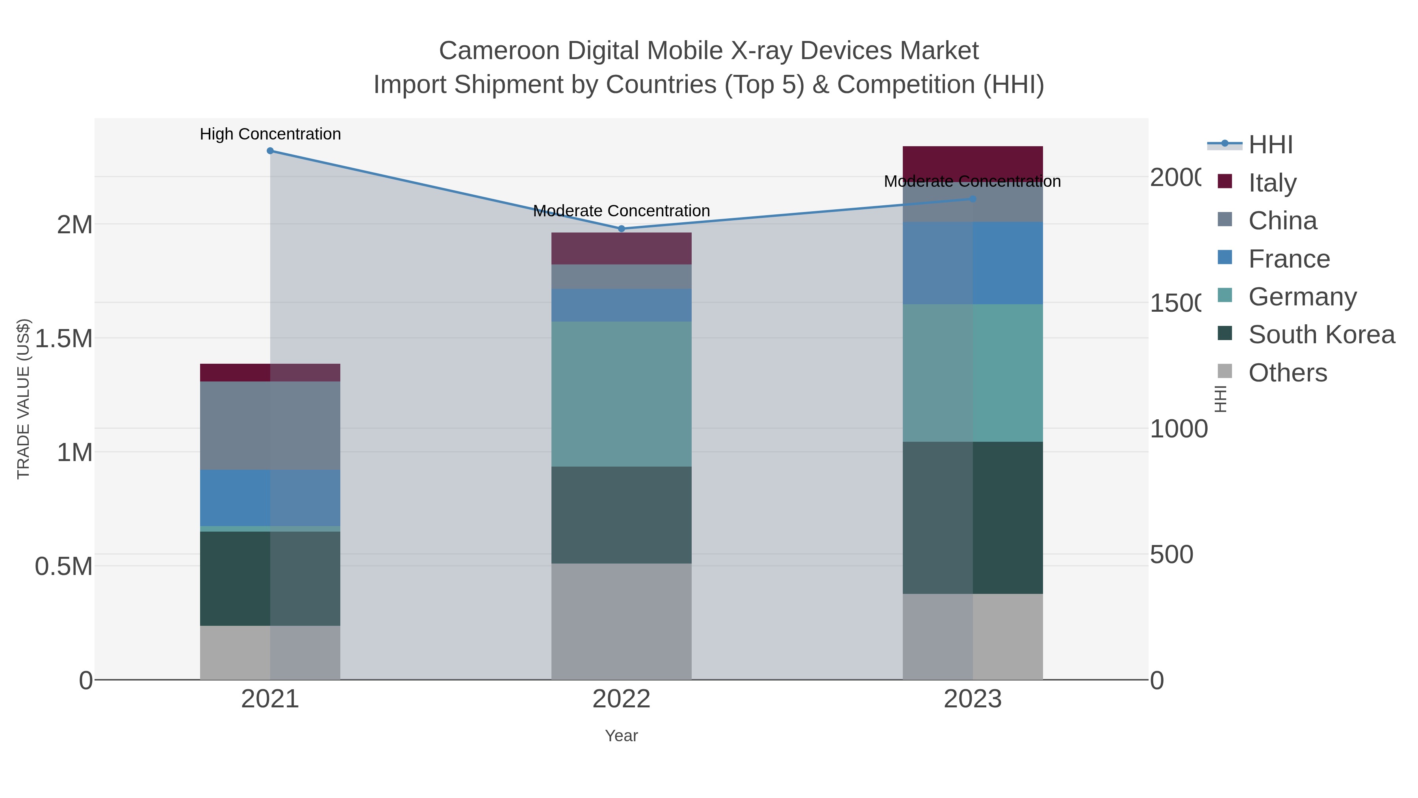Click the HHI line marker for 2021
tap(270, 151)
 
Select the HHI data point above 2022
tap(622, 229)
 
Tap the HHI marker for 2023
tap(973, 199)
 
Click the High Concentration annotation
tap(270, 134)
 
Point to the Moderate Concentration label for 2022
tap(622, 211)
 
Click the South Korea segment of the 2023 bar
tap(973, 518)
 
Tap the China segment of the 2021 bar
tap(270, 425)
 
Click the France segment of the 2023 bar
tap(973, 263)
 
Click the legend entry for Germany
tap(1303, 297)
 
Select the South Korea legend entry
tap(1321, 335)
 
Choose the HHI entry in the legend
tap(1270, 145)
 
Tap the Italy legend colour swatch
tap(1225, 182)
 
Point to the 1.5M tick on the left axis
tap(64, 339)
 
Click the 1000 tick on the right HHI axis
tap(1179, 429)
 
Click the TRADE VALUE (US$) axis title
tap(23, 399)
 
